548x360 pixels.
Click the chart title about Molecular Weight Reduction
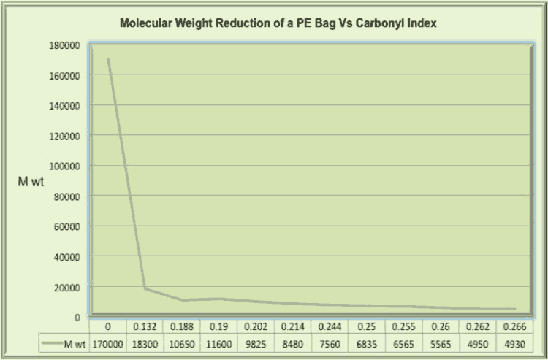pos(278,23)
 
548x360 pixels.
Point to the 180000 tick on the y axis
pos(64,45)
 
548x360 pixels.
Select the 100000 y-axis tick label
pos(64,166)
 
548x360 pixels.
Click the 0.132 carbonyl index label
pos(145,326)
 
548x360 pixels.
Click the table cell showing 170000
pos(107,343)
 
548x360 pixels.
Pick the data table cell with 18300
pos(145,343)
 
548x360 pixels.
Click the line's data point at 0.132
pos(145,288)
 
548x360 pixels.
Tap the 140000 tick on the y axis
pos(64,105)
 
